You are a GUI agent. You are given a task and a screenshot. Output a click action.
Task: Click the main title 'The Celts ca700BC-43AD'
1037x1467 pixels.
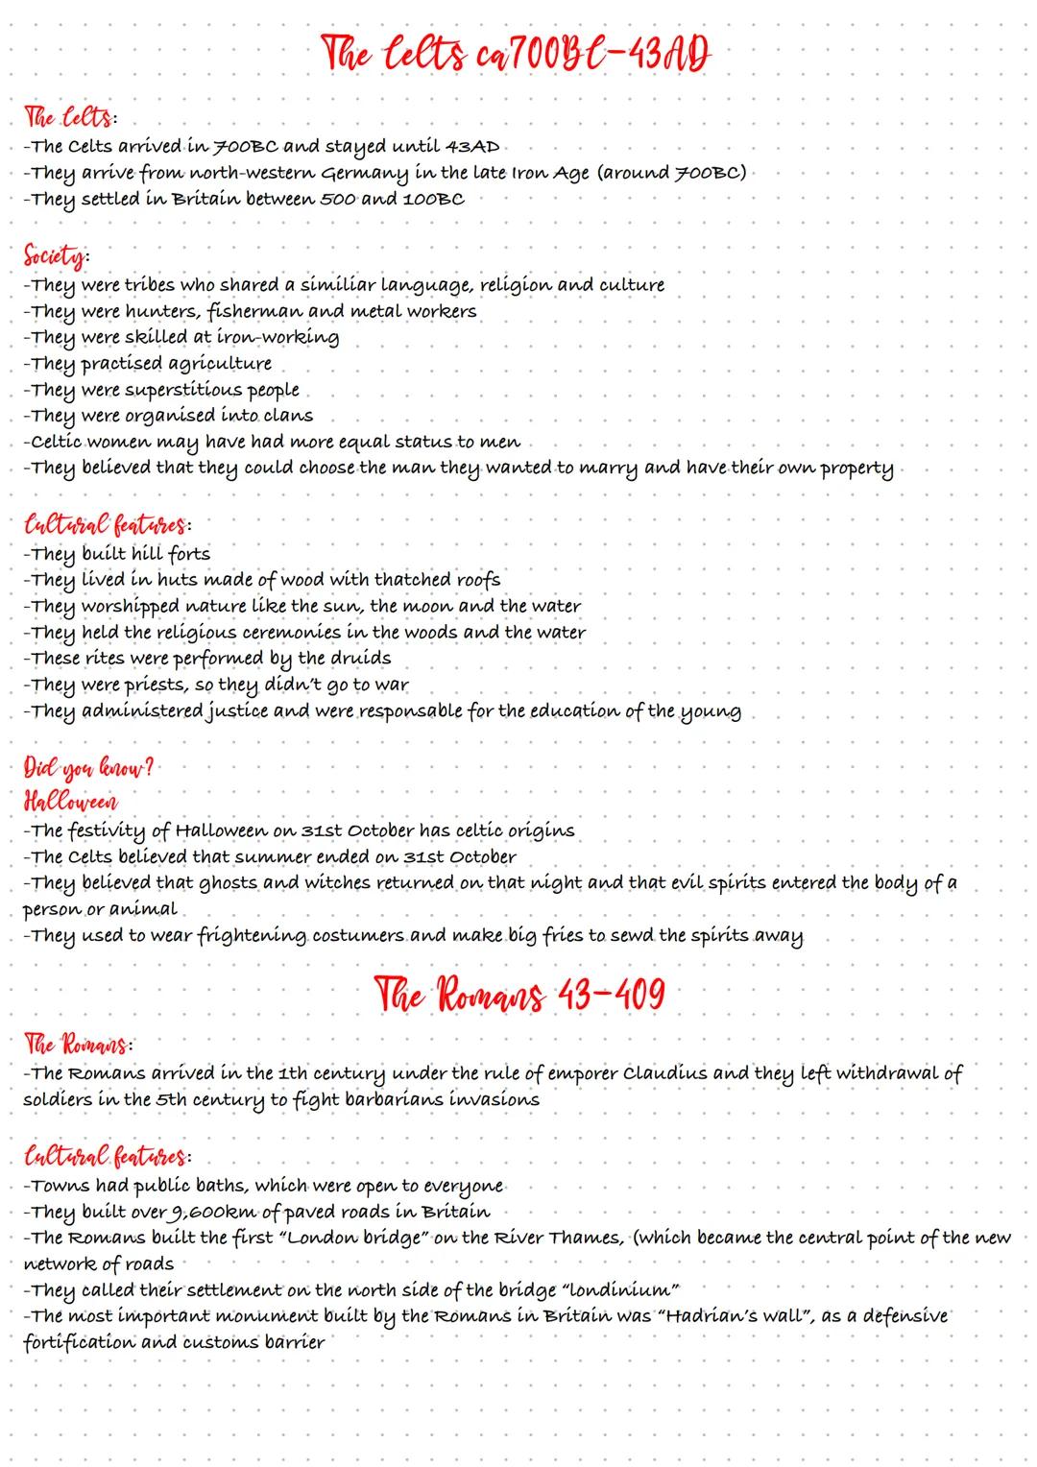pos(518,54)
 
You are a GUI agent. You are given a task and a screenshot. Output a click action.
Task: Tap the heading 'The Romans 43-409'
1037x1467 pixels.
pos(518,994)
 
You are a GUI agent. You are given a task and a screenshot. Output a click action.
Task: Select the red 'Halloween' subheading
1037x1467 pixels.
pos(71,802)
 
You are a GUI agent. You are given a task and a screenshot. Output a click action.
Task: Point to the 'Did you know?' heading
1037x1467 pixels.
pos(88,770)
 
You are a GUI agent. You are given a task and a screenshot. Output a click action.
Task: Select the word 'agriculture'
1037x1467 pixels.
pos(220,364)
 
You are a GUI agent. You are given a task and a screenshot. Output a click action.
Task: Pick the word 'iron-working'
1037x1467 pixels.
pos(278,337)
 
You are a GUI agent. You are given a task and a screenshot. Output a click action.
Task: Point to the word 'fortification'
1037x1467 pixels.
pos(79,1342)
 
